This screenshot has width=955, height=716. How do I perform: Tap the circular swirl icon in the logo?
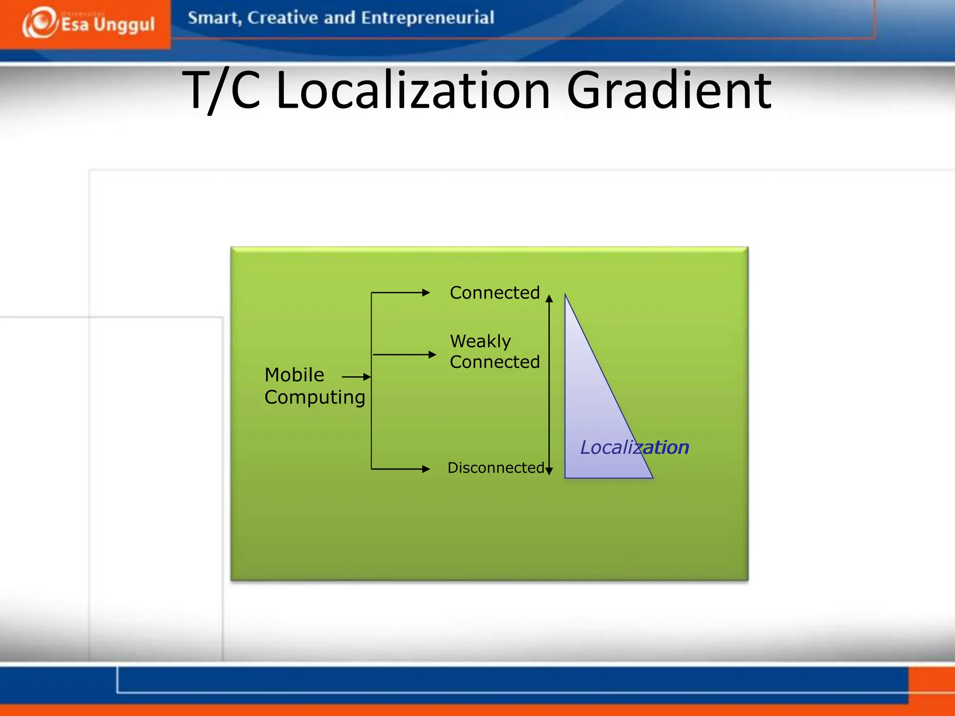(40, 22)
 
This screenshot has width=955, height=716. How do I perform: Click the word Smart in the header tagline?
(214, 18)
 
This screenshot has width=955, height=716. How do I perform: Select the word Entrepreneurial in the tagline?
(427, 18)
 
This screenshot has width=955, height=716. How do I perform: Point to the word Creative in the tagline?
(282, 18)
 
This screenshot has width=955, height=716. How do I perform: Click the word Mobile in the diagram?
(294, 375)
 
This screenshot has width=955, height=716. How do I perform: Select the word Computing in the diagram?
(315, 397)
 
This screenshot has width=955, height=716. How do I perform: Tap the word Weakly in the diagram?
(480, 341)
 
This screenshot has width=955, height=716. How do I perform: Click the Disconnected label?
(495, 468)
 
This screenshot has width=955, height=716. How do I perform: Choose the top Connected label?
(494, 293)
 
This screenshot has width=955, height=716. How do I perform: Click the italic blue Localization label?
(634, 447)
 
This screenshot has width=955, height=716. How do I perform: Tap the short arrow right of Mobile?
(356, 377)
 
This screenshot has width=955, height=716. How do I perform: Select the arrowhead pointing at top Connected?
(426, 293)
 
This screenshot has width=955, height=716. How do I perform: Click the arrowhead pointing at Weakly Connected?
(432, 355)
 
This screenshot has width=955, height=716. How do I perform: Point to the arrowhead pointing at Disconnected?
(426, 469)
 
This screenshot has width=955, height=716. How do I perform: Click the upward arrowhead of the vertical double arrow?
(549, 299)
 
